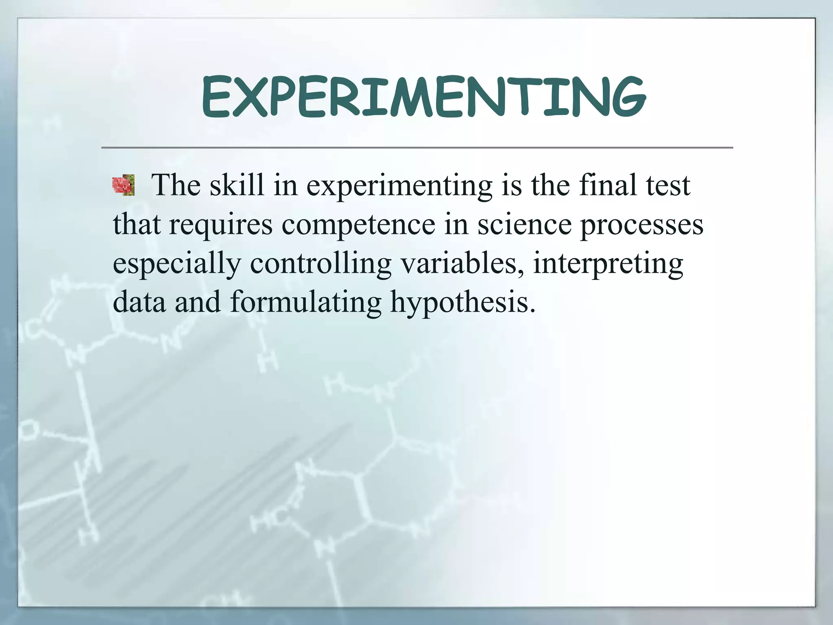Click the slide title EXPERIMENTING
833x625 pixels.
[x=423, y=98]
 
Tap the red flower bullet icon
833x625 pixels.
[x=123, y=186]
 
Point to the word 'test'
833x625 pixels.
[x=668, y=186]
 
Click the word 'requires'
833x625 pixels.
[x=220, y=225]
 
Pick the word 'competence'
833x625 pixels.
[x=358, y=225]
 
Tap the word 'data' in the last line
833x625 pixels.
[x=139, y=302]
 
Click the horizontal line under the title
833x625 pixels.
[x=416, y=147]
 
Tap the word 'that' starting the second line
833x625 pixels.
[x=137, y=225]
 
